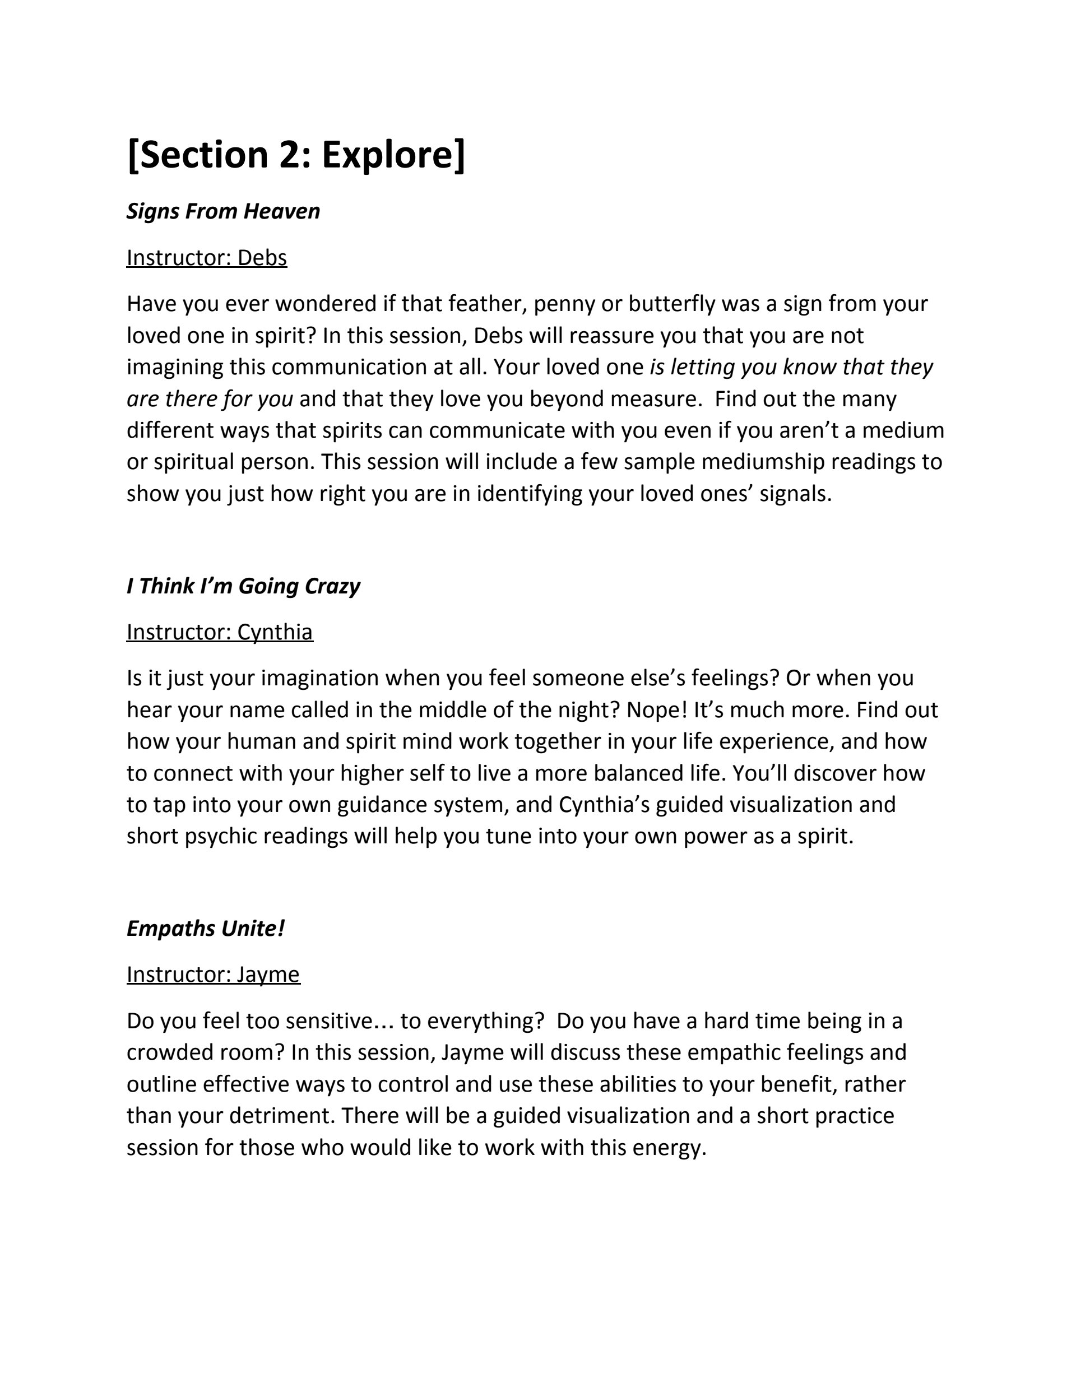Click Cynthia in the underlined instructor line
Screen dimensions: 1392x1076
click(275, 632)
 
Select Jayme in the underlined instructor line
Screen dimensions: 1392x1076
click(268, 975)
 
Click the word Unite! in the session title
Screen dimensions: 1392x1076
click(252, 929)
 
